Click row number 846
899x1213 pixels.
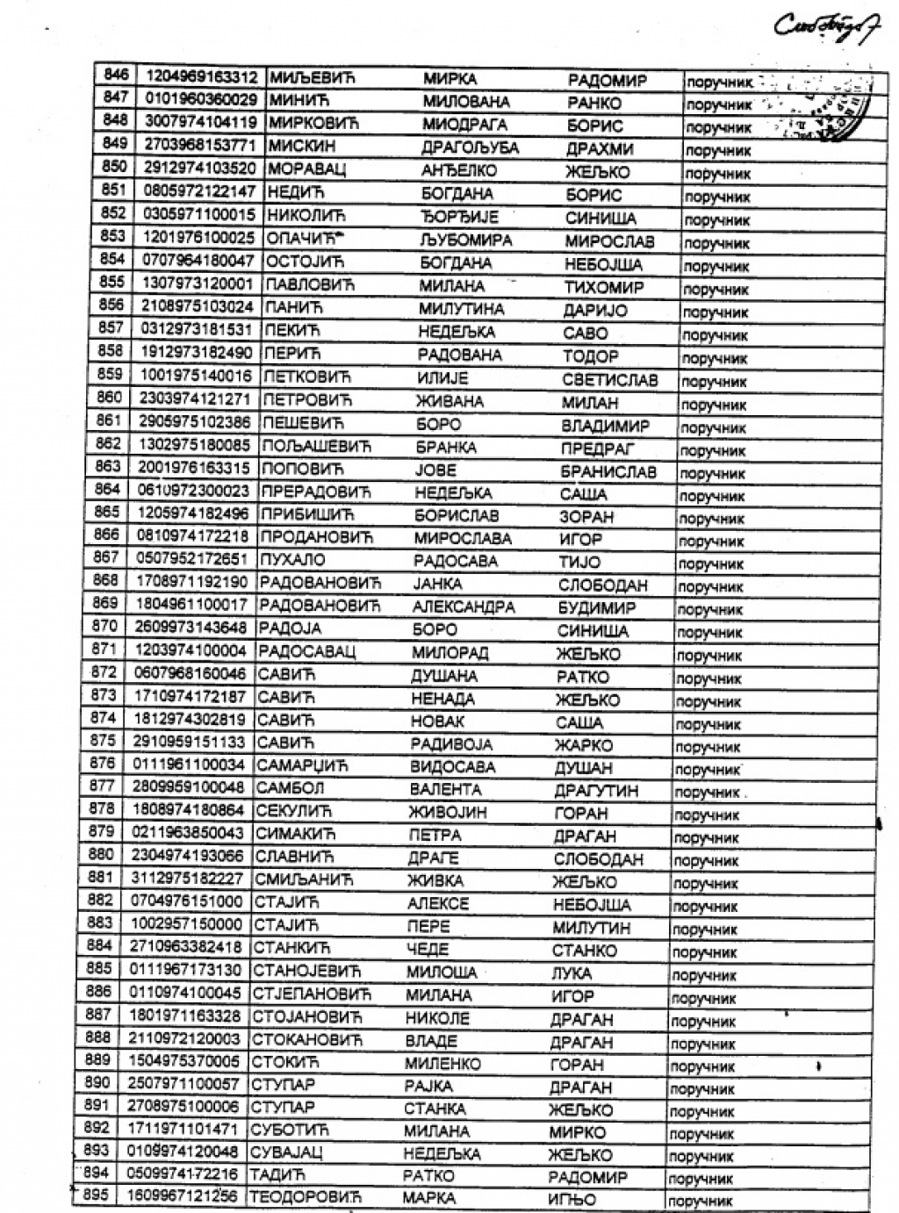click(116, 75)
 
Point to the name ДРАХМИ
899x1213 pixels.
click(600, 149)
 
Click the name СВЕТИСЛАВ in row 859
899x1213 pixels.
click(609, 380)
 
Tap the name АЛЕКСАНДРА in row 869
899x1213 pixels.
click(463, 606)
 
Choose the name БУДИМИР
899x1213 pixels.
click(596, 607)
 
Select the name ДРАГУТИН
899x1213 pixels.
click(596, 790)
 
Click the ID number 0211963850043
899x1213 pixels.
click(188, 833)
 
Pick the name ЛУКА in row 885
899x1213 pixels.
click(571, 973)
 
